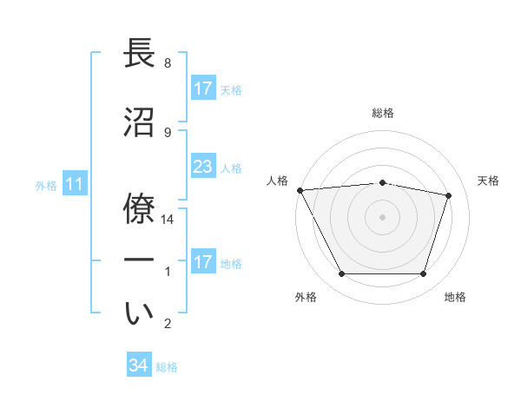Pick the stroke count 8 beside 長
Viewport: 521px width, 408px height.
[x=168, y=63]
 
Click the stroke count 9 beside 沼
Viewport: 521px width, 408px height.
[x=168, y=132]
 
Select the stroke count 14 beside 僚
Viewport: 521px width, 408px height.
[x=168, y=220]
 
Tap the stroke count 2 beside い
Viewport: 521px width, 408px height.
[x=168, y=324]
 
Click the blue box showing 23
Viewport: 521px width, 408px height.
[x=202, y=167]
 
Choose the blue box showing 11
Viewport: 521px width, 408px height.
[x=74, y=184]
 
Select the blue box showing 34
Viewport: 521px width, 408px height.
[x=139, y=365]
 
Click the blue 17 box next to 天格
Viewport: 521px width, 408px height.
[x=202, y=89]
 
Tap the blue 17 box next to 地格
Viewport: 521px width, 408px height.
[x=202, y=262]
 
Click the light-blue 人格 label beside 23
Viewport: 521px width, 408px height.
[x=231, y=168]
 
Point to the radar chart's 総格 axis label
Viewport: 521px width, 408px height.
[x=383, y=113]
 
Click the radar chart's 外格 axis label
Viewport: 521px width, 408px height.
[x=306, y=297]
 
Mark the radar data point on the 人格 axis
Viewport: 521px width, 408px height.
[x=300, y=190]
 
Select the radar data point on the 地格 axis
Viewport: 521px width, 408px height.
[x=423, y=274]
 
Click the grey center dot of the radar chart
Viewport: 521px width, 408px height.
[x=383, y=217]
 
